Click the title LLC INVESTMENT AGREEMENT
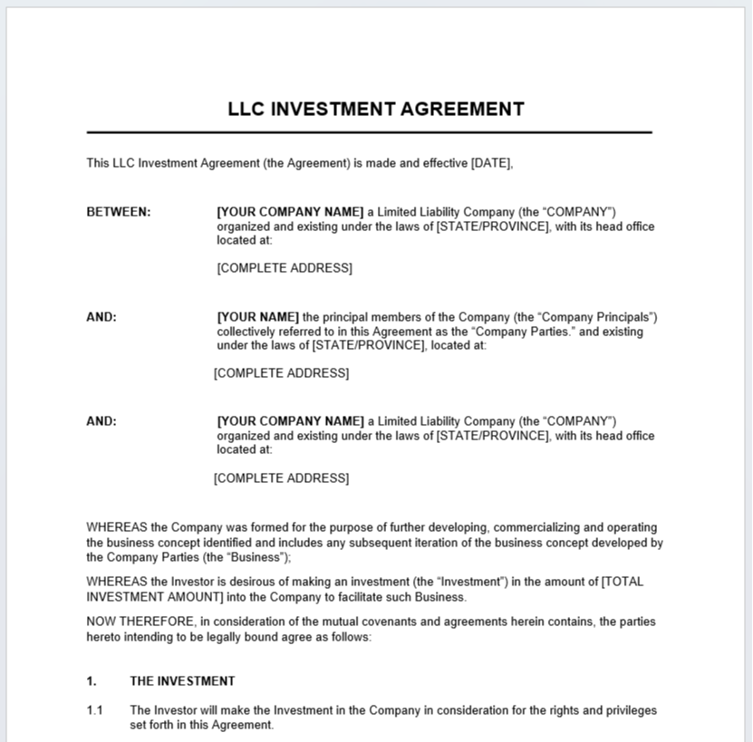[376, 110]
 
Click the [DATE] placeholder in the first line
[491, 164]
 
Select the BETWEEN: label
[119, 212]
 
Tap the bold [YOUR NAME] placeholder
[257, 317]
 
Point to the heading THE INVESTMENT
[182, 681]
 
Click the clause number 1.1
[95, 710]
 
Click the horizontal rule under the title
[369, 132]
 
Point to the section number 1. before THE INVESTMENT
[92, 681]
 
